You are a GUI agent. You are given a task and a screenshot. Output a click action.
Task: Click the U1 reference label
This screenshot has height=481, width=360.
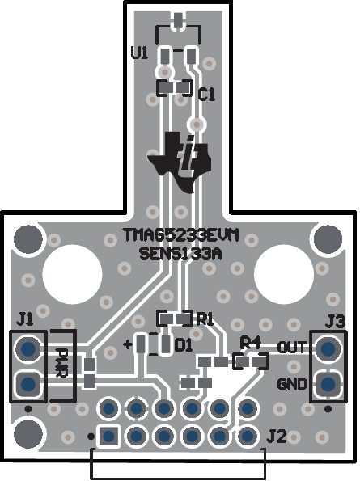pos(139,53)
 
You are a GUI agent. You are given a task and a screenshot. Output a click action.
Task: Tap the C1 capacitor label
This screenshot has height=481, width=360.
pos(207,94)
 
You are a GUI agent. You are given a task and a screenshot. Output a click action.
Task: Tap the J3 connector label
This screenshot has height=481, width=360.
pos(335,322)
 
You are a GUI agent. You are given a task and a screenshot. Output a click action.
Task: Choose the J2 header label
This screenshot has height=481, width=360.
pos(276,437)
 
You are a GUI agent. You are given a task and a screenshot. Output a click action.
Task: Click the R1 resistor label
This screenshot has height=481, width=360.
pos(204,318)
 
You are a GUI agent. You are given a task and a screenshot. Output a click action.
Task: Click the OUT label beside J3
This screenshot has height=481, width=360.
pos(291,348)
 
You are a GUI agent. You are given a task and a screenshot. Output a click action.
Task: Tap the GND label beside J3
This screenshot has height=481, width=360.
pos(291,382)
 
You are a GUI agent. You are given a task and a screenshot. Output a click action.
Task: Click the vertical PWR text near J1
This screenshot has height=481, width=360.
pos(63,363)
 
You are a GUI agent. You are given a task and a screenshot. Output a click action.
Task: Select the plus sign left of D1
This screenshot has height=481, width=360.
pos(128,344)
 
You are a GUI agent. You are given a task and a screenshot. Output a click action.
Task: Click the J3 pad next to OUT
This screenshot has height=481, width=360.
pos(328,349)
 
